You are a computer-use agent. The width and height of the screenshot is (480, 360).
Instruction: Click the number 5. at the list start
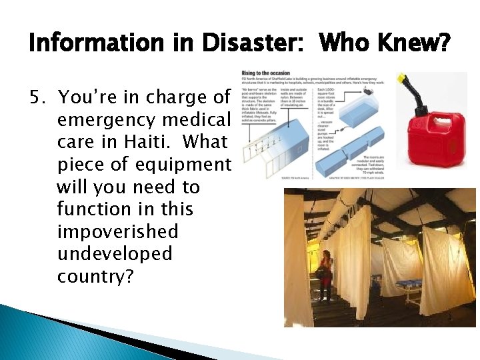41,97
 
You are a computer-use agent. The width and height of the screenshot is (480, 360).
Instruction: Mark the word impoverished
117,232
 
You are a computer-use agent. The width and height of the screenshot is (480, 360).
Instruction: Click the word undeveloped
115,254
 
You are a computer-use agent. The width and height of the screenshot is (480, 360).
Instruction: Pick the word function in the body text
93,210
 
